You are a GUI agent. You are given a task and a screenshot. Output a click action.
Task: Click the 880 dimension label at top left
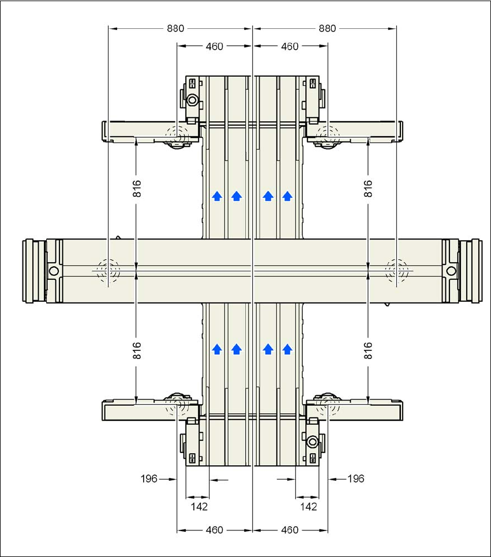(176, 28)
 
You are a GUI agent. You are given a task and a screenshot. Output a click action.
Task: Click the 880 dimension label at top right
(327, 28)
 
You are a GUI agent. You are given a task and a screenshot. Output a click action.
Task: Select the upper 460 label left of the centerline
(215, 47)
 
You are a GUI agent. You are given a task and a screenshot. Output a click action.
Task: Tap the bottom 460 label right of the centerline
(290, 530)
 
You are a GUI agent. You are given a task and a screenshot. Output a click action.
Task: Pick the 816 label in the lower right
(368, 350)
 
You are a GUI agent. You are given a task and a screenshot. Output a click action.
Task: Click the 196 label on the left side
(149, 479)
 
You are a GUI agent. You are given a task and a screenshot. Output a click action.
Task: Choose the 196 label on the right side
(356, 479)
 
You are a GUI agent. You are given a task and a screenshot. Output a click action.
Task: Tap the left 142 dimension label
(199, 507)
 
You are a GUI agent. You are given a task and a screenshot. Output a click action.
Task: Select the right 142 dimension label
(309, 507)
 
